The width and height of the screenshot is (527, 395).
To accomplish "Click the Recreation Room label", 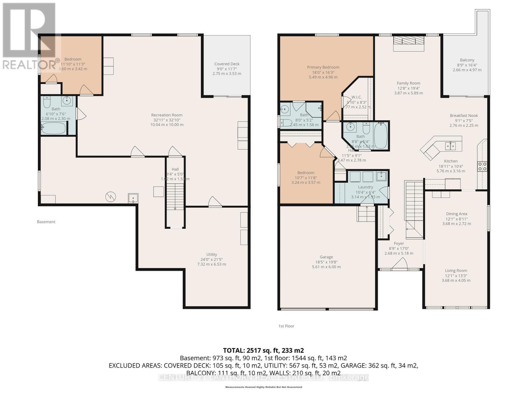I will pyautogui.click(x=167, y=115).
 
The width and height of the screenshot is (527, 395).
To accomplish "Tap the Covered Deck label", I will pyautogui.click(x=227, y=64).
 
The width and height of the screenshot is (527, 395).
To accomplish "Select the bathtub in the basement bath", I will pyautogui.click(x=53, y=128).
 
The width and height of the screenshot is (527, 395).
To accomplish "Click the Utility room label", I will pyautogui.click(x=211, y=254).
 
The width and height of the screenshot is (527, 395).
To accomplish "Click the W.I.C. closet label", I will pyautogui.click(x=356, y=97).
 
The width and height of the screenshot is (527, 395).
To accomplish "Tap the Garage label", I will pyautogui.click(x=326, y=257).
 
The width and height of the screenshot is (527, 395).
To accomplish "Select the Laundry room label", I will pyautogui.click(x=365, y=187).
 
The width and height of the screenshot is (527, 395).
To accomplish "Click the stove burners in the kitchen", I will pyautogui.click(x=482, y=167).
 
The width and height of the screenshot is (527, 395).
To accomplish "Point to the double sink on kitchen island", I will pyautogui.click(x=450, y=145).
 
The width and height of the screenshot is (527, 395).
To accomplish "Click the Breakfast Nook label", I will pyautogui.click(x=463, y=116).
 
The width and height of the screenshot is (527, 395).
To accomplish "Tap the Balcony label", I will pyautogui.click(x=467, y=60).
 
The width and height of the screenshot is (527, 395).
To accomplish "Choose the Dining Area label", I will pyautogui.click(x=457, y=214).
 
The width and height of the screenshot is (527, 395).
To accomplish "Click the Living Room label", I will pyautogui.click(x=456, y=271).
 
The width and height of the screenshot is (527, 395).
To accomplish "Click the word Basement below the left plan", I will pyautogui.click(x=46, y=222).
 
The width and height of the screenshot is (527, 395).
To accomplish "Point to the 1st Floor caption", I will pyautogui.click(x=286, y=326).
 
